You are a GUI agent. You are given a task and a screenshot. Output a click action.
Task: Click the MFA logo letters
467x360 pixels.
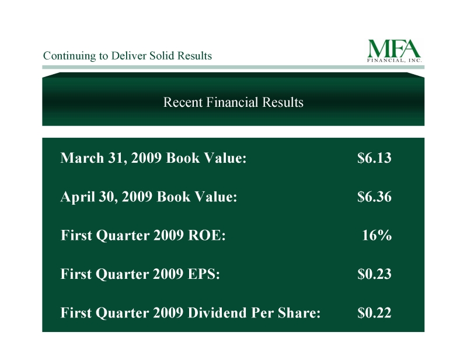tap(394, 48)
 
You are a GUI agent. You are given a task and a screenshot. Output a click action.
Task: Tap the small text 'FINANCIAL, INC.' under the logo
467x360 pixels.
tap(395, 61)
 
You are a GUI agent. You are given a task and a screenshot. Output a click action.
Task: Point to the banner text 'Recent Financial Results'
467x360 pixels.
tap(233, 102)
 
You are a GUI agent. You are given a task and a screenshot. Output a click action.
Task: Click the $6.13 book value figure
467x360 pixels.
tap(374, 158)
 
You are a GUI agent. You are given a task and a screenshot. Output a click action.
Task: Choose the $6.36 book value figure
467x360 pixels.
tap(374, 197)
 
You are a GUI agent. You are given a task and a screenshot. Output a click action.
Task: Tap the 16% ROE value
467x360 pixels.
tap(377, 235)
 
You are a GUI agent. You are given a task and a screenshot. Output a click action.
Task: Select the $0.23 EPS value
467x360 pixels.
tap(374, 274)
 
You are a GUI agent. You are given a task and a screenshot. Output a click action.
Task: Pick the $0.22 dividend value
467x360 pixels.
tap(374, 313)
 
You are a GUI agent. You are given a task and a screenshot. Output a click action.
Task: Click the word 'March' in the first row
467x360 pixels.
tap(82, 158)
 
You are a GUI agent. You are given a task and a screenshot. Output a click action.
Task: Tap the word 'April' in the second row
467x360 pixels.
tap(78, 197)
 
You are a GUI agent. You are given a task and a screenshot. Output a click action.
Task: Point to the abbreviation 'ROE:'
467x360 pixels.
tap(207, 235)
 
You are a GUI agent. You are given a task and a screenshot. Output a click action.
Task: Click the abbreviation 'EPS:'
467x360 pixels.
tap(204, 274)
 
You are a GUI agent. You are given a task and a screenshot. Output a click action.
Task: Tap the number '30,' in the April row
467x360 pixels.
tap(109, 197)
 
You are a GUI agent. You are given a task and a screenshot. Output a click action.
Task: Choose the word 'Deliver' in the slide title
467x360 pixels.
tap(128, 55)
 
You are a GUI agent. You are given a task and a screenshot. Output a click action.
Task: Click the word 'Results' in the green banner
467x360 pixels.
tap(283, 102)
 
